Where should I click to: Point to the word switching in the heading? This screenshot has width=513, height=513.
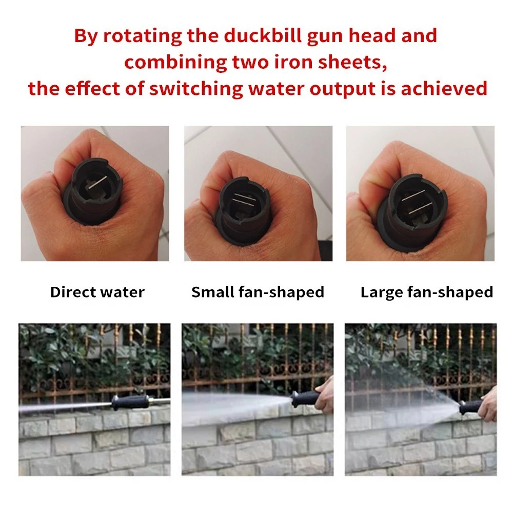196,89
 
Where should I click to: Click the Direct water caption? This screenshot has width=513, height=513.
97,292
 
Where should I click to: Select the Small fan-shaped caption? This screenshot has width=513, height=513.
258,292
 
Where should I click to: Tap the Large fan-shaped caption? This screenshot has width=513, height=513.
427,292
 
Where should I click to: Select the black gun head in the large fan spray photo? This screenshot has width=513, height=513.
471,407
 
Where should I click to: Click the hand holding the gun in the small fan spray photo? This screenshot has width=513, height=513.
324,396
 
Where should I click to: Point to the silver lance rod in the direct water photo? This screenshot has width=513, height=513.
160,401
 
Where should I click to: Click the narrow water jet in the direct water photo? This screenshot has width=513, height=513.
66,406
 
